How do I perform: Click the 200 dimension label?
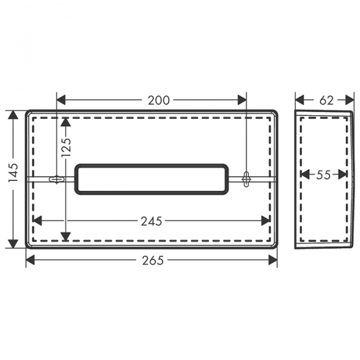[x=158, y=100]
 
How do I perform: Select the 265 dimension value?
[x=152, y=260]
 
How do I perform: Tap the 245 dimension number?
[x=151, y=221]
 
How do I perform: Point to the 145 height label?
[x=13, y=173]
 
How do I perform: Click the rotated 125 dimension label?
[x=67, y=148]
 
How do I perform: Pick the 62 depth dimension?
[x=326, y=100]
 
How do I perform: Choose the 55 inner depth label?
[x=323, y=175]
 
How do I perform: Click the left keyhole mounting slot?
[x=57, y=179]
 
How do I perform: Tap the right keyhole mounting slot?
[x=247, y=179]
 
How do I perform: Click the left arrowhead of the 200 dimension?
[x=61, y=100]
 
